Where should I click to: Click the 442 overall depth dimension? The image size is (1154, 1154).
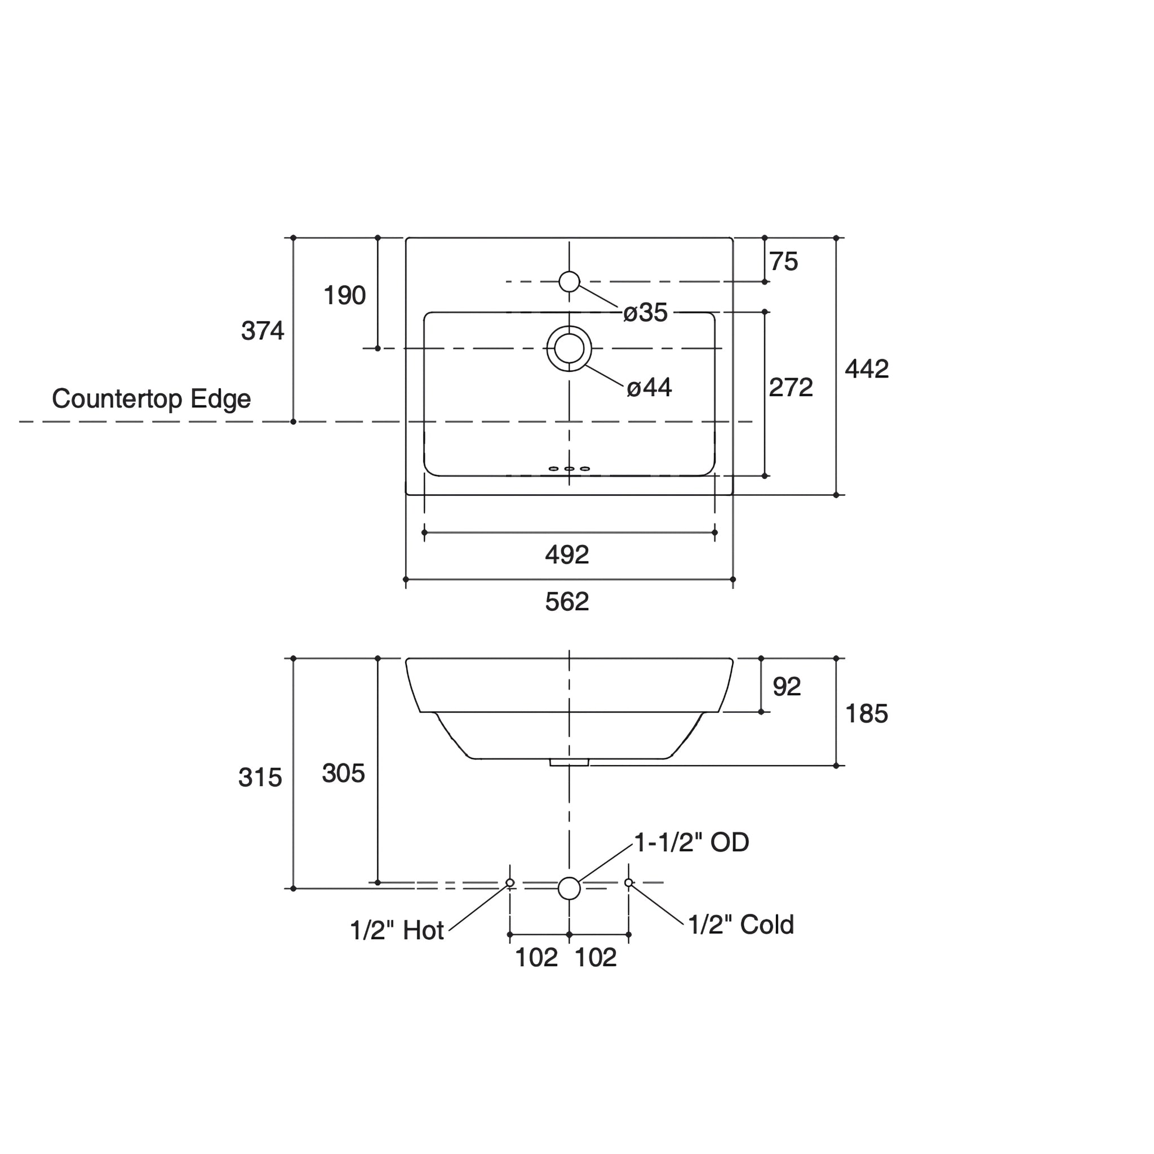click(866, 369)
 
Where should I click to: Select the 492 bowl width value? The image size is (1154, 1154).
click(567, 555)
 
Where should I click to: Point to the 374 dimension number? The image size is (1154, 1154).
click(262, 331)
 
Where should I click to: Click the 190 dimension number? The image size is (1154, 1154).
click(344, 295)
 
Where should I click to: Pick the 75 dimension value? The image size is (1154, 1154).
click(783, 261)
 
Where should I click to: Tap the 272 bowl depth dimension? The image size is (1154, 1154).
click(790, 388)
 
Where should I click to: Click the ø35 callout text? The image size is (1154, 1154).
click(645, 312)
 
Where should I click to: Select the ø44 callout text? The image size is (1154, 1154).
click(649, 388)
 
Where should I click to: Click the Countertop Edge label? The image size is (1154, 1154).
click(151, 398)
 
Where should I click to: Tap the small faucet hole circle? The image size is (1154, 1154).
click(569, 281)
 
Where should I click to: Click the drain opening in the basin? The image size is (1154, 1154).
click(569, 348)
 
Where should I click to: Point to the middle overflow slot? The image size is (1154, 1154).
click(569, 469)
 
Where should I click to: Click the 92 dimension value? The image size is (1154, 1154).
click(786, 687)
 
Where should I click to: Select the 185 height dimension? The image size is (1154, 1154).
click(866, 714)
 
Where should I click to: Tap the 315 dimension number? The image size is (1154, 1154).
click(260, 778)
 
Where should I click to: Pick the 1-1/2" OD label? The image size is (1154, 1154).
click(691, 842)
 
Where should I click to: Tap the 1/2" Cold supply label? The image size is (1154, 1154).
click(740, 925)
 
